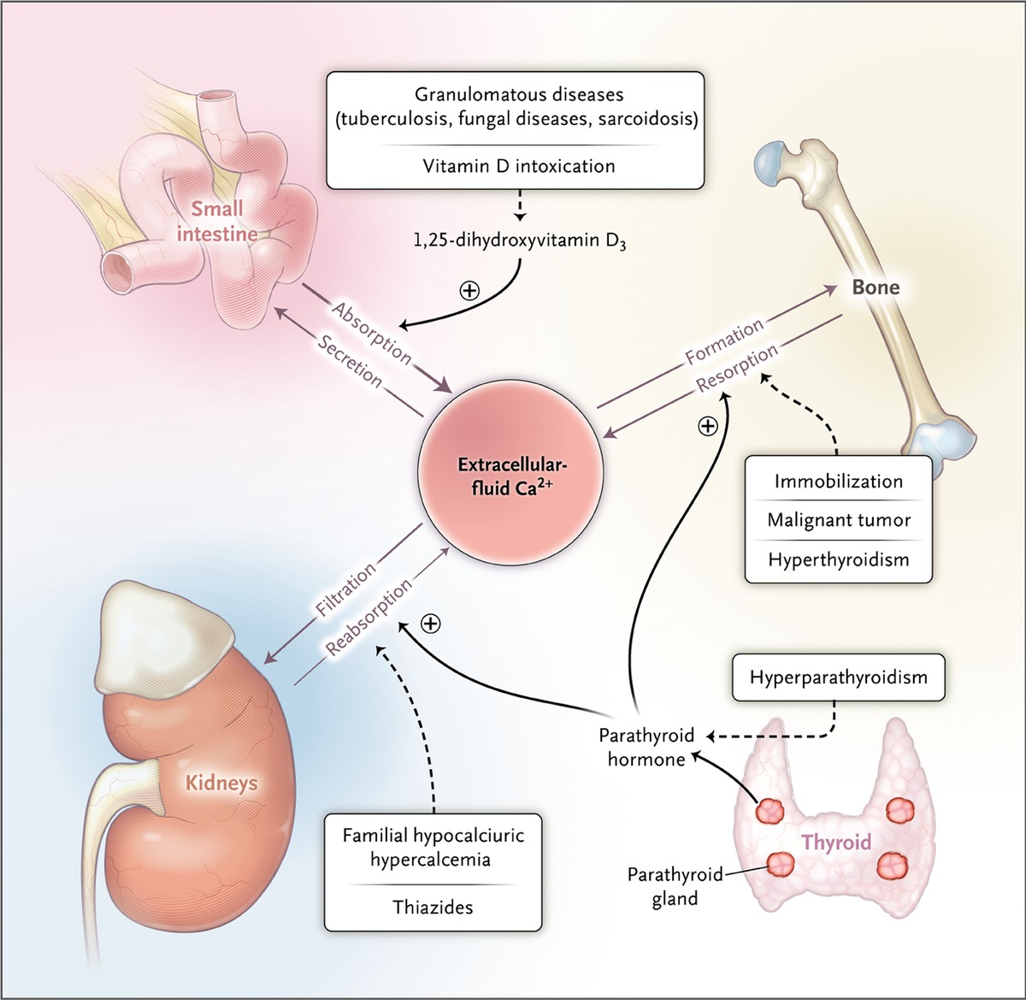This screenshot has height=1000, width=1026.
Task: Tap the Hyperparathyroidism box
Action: coord(838,678)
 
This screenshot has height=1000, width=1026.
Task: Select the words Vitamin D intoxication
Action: coord(519,166)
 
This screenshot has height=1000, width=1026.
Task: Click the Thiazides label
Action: coord(433,907)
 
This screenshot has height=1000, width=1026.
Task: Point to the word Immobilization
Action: coord(838,481)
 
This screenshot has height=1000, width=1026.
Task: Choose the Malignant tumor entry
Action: coord(839,520)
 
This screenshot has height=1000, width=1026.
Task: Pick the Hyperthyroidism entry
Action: coord(839,559)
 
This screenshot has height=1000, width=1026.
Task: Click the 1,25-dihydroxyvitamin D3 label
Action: coord(520,241)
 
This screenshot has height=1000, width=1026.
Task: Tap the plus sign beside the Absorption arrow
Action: coord(469,290)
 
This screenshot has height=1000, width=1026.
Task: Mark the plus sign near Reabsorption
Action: coord(431,624)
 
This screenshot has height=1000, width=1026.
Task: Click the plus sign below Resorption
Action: coord(708,426)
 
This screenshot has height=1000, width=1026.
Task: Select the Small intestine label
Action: coord(217,221)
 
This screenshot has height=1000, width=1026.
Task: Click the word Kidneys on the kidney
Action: coord(221,783)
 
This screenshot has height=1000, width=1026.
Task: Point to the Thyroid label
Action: coord(837,843)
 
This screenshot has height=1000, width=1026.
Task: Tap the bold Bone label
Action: coord(876,287)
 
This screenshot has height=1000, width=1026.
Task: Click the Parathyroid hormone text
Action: coord(646,748)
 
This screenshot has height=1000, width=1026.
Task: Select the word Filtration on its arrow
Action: coord(345,589)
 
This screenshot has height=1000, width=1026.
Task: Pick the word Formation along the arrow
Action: coord(724,341)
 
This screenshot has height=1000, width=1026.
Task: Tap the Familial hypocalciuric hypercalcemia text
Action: coord(433,847)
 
